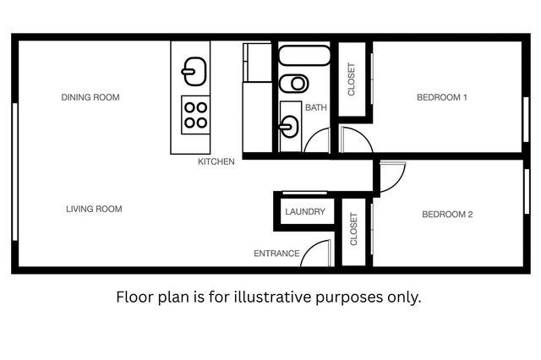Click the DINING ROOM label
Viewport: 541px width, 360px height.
click(x=90, y=97)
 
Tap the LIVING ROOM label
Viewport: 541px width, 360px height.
click(x=94, y=209)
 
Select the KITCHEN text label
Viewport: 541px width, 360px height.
click(x=216, y=161)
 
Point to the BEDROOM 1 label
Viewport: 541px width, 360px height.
click(x=442, y=97)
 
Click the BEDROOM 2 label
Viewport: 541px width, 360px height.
click(x=447, y=215)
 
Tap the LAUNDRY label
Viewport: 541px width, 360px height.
click(x=305, y=211)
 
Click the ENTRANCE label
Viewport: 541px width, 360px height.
click(x=276, y=254)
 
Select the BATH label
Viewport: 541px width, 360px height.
click(x=316, y=107)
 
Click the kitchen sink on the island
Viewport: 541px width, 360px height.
click(x=194, y=70)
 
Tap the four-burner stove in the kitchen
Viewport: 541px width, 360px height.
click(x=195, y=115)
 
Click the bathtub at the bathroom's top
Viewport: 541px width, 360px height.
click(x=303, y=57)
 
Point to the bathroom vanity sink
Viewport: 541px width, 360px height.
click(x=289, y=128)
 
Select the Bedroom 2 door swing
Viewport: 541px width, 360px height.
click(x=392, y=176)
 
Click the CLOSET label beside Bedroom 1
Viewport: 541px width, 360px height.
click(x=352, y=80)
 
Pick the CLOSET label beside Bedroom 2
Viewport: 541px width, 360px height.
click(x=353, y=228)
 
